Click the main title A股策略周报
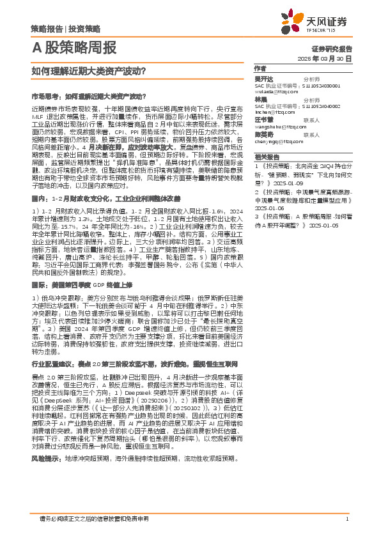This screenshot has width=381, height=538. point(74,48)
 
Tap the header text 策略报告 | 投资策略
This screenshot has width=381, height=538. point(65,29)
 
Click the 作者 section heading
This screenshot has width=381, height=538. point(260,68)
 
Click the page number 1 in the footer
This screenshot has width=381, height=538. point(346,519)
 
